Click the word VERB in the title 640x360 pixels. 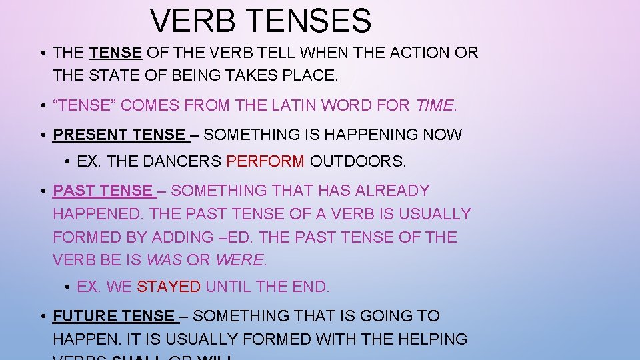[194, 21]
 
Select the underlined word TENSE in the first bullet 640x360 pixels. [115, 53]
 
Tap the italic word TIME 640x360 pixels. [435, 104]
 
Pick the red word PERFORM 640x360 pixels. [265, 162]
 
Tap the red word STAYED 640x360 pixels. [168, 287]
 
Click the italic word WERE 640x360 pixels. [239, 261]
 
